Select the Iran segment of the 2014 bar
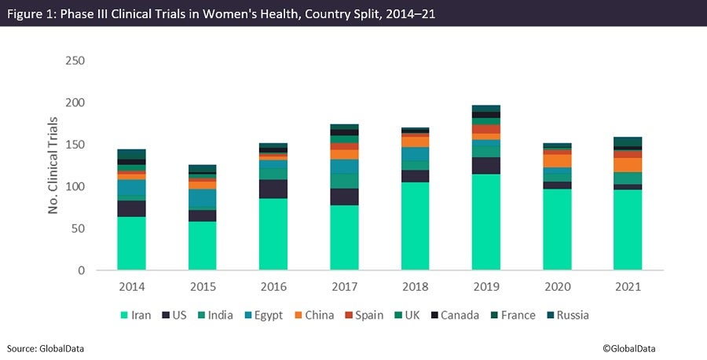pos(131,243)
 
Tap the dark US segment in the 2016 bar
pos(273,189)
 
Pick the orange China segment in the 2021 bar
pos(628,164)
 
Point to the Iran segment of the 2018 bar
pos(415,226)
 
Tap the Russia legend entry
pos(566,315)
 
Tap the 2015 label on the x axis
pos(203,287)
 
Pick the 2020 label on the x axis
pos(557,287)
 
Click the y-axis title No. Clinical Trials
pos(54,166)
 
